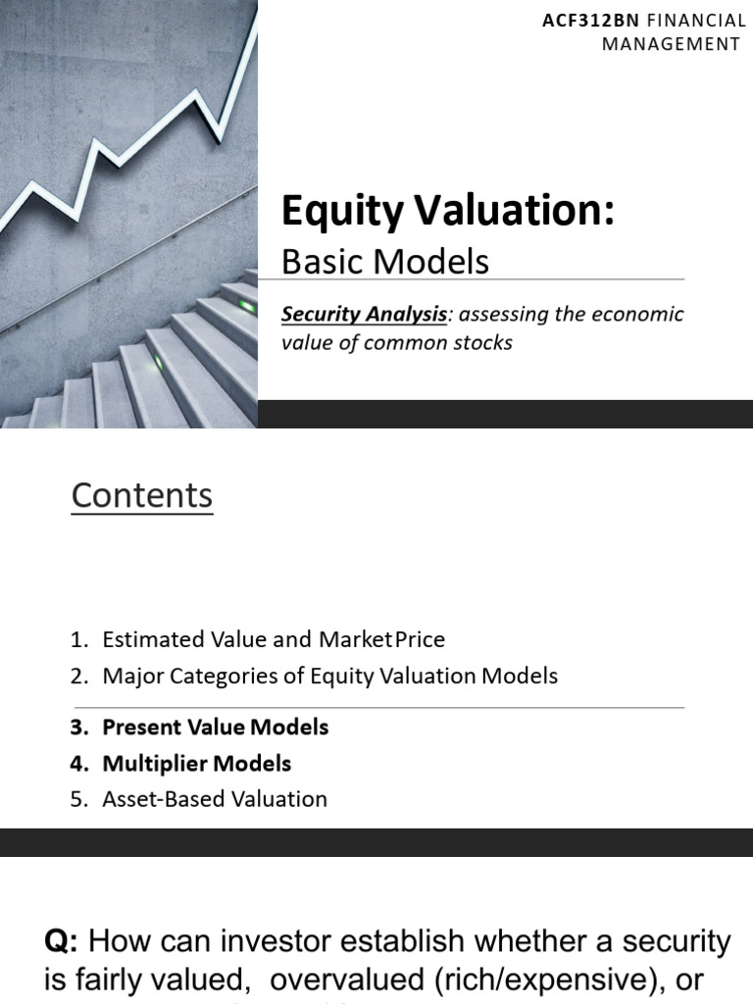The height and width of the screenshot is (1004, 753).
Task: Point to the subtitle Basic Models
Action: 384,261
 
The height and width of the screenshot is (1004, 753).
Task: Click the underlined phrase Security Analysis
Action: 364,315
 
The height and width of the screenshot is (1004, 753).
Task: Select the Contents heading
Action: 142,496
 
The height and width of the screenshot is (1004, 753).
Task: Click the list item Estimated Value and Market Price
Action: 273,640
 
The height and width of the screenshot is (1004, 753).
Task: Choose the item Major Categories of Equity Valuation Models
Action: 329,676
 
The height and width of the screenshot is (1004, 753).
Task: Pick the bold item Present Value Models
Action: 215,728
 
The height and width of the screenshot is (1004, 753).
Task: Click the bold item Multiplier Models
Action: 196,763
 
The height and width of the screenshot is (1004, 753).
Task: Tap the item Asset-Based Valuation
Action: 214,799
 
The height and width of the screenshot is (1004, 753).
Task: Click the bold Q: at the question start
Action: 65,942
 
